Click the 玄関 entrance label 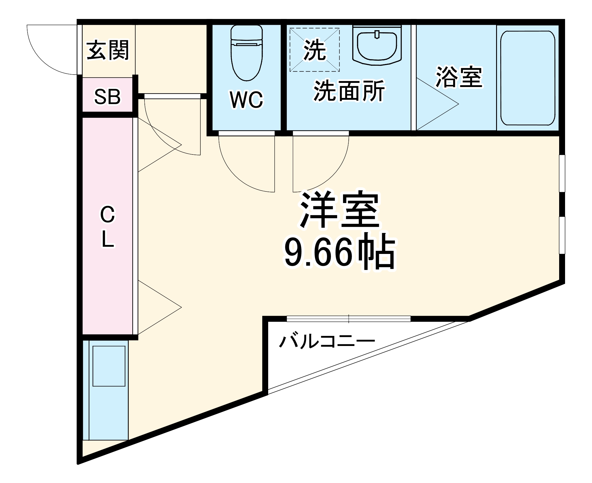coord(108,50)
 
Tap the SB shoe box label coord(107,96)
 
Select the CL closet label coord(107,227)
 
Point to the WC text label coord(246,100)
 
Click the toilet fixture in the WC coord(247,53)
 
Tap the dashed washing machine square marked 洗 coord(314,50)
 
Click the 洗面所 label coord(349,91)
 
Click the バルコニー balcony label coord(327,342)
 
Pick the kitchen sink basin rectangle coord(109,366)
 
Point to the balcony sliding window coord(349,319)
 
